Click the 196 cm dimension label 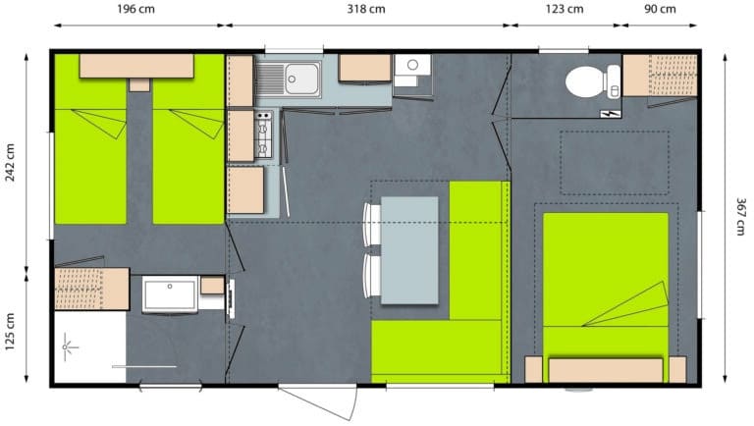click(x=136, y=9)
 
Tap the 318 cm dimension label click(x=366, y=9)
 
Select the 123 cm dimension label click(x=565, y=9)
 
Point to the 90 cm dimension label click(x=660, y=9)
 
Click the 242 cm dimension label click(x=10, y=162)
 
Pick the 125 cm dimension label click(x=10, y=332)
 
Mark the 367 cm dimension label click(x=741, y=216)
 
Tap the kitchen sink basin click(x=302, y=79)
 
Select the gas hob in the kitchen click(x=263, y=134)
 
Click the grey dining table click(x=409, y=250)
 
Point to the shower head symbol click(x=67, y=347)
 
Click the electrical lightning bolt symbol click(x=611, y=114)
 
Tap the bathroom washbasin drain click(x=170, y=287)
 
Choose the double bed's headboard click(x=606, y=370)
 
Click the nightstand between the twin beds click(x=139, y=85)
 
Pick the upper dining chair click(x=372, y=225)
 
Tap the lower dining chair click(x=372, y=277)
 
